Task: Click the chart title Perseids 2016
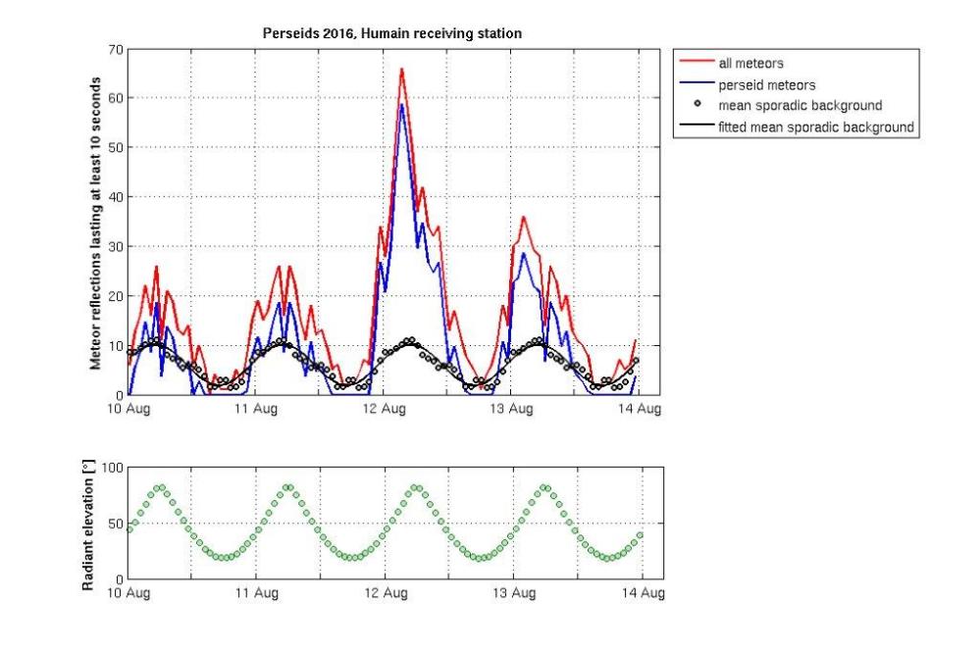pos(391,33)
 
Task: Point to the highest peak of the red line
pos(401,69)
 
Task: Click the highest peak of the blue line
pos(401,105)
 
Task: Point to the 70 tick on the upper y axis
pos(114,48)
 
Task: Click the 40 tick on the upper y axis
pos(114,197)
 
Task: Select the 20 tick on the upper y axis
pos(114,296)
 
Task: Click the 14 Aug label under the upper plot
pos(644,409)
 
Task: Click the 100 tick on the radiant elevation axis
pos(110,467)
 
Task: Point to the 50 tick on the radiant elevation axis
pos(114,523)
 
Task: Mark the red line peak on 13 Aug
pos(524,217)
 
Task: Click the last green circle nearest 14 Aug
pos(640,535)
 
